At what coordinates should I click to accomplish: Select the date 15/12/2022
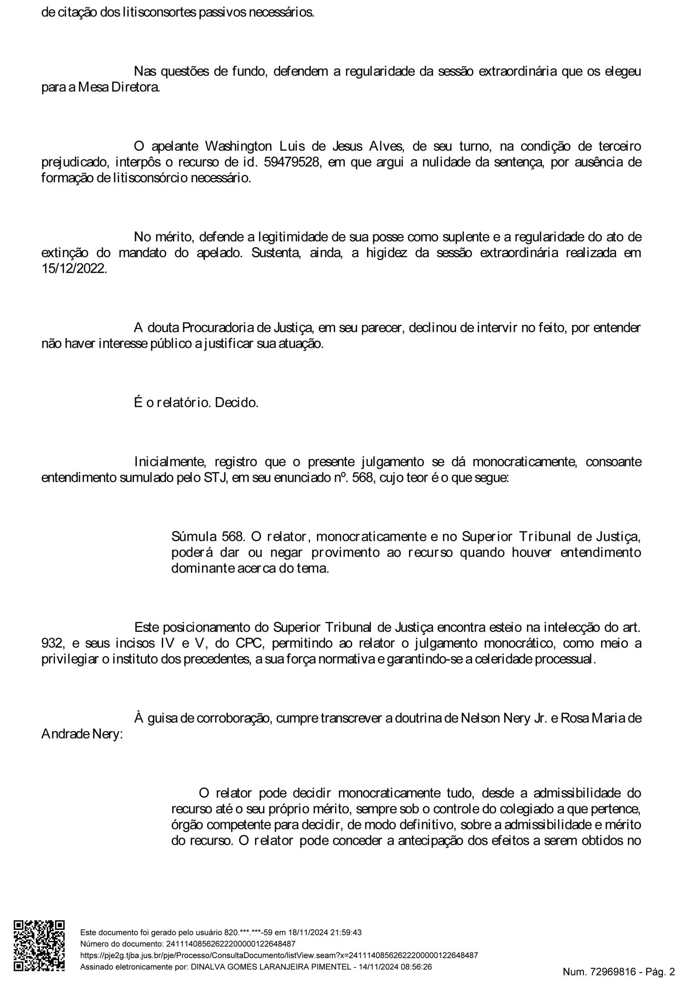click(x=74, y=269)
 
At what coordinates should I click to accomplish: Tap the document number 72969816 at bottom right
click(x=613, y=972)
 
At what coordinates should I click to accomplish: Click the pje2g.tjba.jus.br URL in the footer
click(x=279, y=955)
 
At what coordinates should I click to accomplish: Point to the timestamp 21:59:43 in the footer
click(x=346, y=933)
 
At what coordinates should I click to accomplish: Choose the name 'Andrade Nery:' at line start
click(x=82, y=734)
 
